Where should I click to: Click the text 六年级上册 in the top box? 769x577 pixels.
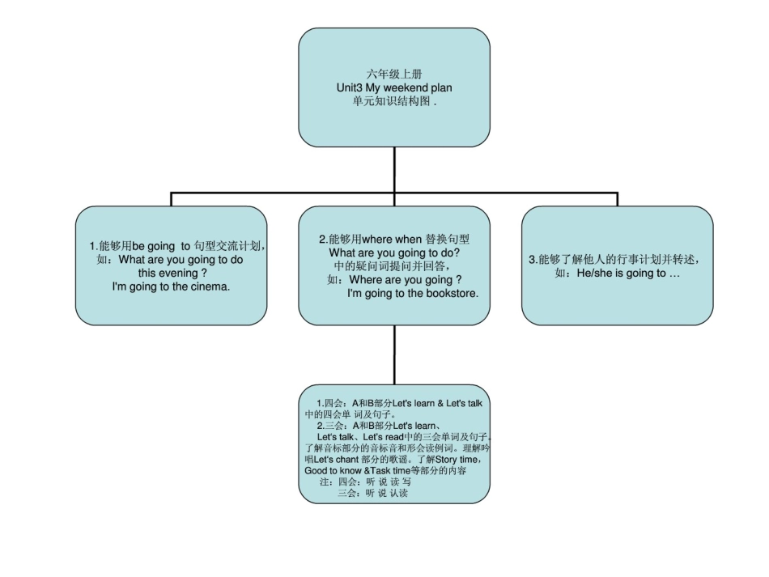393,74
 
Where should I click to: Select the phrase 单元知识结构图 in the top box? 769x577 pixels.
391,102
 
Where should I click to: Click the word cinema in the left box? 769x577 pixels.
206,287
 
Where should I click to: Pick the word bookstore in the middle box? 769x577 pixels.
450,294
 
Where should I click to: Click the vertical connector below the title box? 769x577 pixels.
394,169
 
